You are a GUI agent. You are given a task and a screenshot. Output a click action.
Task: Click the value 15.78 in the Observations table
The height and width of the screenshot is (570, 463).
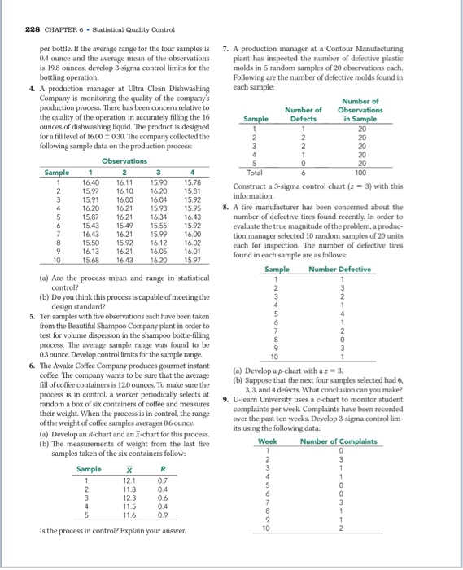point(193,183)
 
